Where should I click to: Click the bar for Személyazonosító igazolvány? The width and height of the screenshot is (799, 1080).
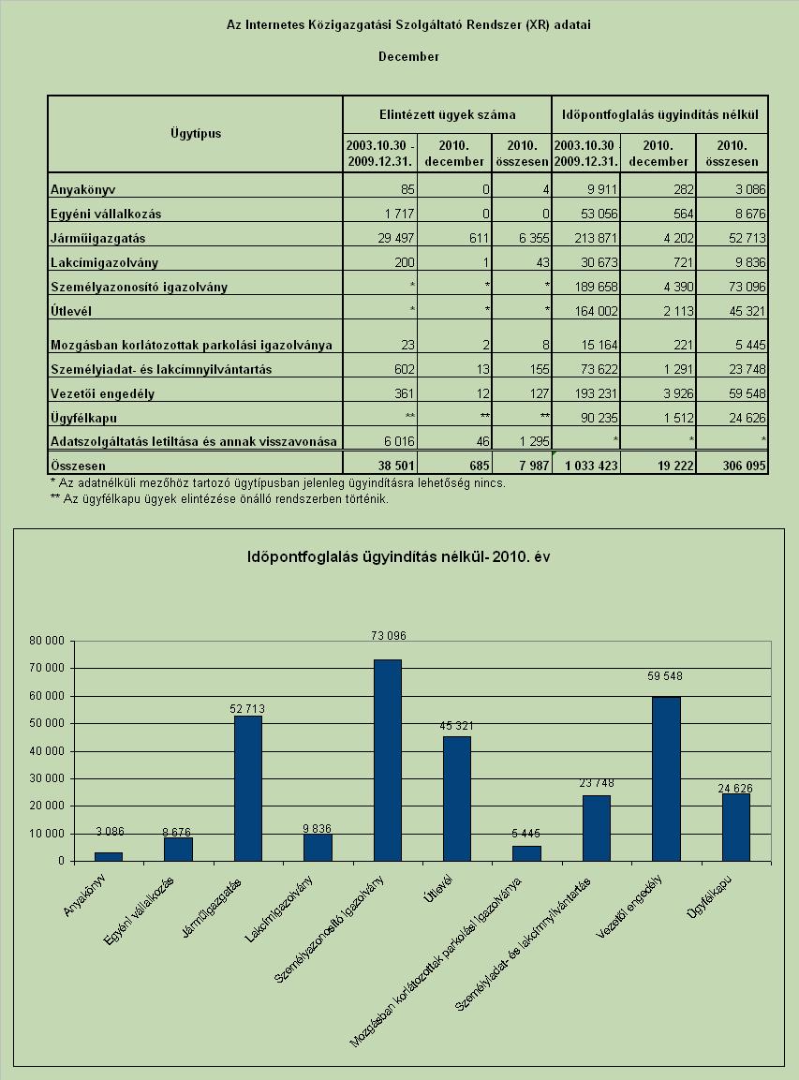click(x=388, y=761)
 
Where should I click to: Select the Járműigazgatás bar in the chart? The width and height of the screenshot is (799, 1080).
click(x=248, y=789)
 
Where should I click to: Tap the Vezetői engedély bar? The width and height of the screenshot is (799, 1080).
click(x=666, y=779)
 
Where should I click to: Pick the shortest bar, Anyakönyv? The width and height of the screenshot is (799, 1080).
click(x=109, y=857)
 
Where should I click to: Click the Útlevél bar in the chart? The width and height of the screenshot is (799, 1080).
click(x=457, y=799)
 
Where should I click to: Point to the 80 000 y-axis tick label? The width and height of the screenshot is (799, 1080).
click(x=47, y=641)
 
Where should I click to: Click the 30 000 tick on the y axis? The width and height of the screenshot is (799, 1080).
click(x=47, y=778)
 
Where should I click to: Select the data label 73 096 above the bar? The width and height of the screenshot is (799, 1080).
click(x=389, y=636)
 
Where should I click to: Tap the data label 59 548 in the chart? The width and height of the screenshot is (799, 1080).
click(x=665, y=676)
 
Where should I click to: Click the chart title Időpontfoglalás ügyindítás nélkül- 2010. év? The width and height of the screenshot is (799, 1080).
click(x=399, y=556)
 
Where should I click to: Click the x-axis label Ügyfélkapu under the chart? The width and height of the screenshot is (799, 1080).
click(x=709, y=896)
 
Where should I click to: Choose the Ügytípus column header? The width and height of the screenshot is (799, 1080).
click(x=197, y=133)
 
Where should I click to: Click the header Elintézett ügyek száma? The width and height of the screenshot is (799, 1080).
click(x=447, y=114)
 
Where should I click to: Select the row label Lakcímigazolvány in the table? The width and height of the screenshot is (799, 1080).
click(x=104, y=262)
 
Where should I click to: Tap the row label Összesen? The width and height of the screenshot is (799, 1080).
click(x=78, y=466)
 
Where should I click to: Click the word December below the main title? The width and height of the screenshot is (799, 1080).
click(x=408, y=56)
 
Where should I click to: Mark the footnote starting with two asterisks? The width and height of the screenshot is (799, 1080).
click(x=220, y=498)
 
